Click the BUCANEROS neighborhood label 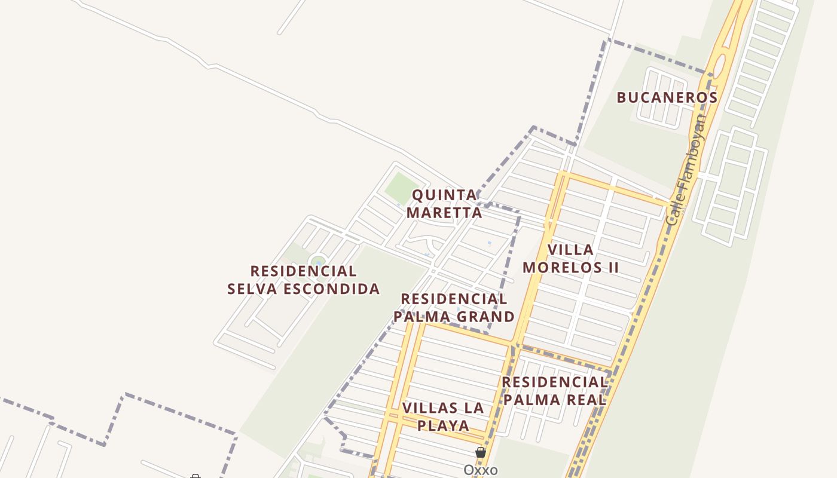pos(667,97)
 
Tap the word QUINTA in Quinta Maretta pos(445,195)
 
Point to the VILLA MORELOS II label pos(571,258)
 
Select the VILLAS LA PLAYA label pos(443,416)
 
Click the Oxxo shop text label pos(481,470)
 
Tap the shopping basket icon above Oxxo pos(481,452)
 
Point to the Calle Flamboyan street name pos(686,170)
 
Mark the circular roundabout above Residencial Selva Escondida pos(318,261)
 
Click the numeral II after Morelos pos(613,267)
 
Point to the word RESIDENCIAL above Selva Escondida pos(303,271)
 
